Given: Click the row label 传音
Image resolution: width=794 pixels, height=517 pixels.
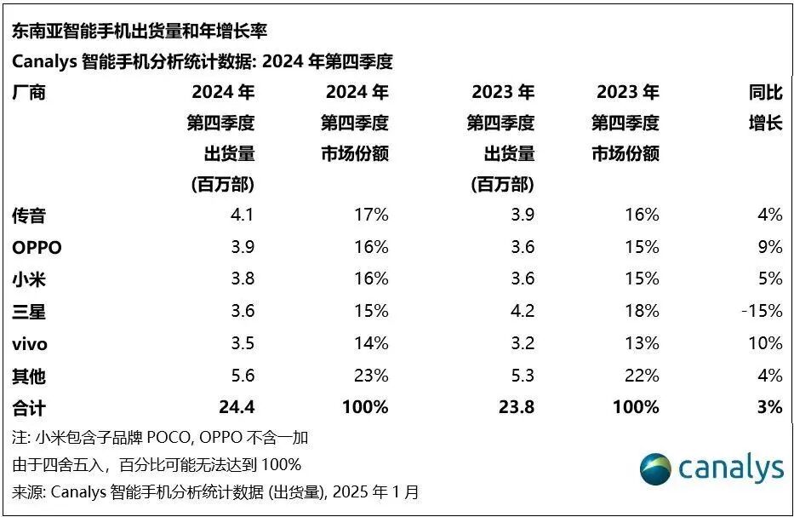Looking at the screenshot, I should (29, 215).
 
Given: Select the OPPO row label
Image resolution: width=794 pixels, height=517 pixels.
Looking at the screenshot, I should (37, 248).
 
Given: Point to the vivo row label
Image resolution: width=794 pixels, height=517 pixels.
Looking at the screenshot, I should (29, 344).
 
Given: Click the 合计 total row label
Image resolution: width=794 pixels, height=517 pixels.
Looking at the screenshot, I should (29, 408).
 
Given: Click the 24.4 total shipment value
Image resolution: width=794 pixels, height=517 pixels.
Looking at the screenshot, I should (237, 408).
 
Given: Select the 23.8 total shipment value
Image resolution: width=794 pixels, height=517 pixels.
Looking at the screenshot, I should (517, 408).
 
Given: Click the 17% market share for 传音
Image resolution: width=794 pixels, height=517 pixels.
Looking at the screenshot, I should (371, 215).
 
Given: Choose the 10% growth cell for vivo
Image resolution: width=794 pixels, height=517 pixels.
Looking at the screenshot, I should (765, 344).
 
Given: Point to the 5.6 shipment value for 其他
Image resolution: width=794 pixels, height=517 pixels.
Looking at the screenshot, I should (243, 376).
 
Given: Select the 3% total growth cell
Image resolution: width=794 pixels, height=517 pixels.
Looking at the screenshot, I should (769, 408).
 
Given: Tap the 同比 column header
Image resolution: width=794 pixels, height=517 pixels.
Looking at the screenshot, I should (765, 93).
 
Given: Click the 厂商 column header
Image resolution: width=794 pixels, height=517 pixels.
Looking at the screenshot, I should (29, 93).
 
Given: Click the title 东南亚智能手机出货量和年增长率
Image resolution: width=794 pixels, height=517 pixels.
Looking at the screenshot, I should (139, 32).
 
